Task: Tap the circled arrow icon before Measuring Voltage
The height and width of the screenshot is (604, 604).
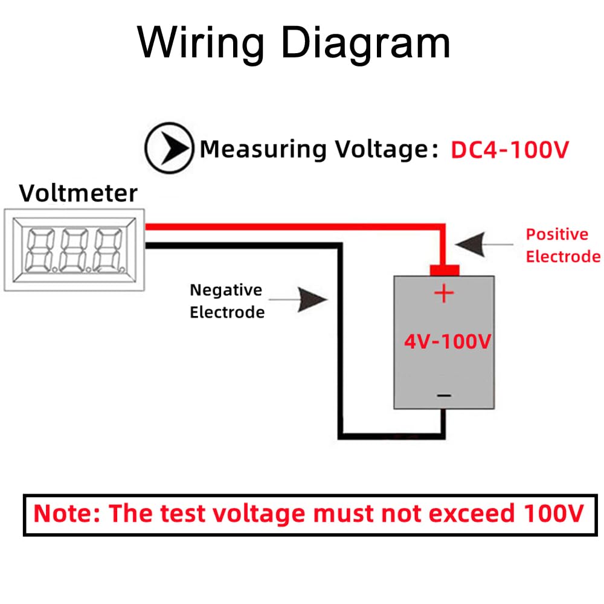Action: click(x=169, y=148)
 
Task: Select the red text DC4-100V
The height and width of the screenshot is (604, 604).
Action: click(x=510, y=149)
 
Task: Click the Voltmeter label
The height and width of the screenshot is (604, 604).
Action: click(x=78, y=193)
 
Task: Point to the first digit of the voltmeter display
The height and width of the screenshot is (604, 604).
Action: click(x=40, y=250)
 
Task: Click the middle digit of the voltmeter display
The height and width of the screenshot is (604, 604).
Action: click(x=74, y=250)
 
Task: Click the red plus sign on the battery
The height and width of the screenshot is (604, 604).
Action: click(x=444, y=294)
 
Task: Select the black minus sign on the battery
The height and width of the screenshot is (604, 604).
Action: click(x=444, y=395)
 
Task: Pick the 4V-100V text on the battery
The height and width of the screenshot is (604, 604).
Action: click(x=447, y=341)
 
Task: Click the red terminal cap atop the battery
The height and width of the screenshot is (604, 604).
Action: click(x=445, y=270)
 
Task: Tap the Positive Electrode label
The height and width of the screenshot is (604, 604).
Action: click(x=563, y=245)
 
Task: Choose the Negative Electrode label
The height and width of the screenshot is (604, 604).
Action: click(x=227, y=301)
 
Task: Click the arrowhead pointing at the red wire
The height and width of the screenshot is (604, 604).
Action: click(x=471, y=244)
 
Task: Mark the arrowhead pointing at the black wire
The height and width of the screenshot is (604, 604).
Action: click(x=312, y=300)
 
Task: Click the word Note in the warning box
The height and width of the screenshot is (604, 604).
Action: click(x=66, y=513)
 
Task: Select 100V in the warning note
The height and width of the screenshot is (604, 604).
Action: click(x=553, y=513)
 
